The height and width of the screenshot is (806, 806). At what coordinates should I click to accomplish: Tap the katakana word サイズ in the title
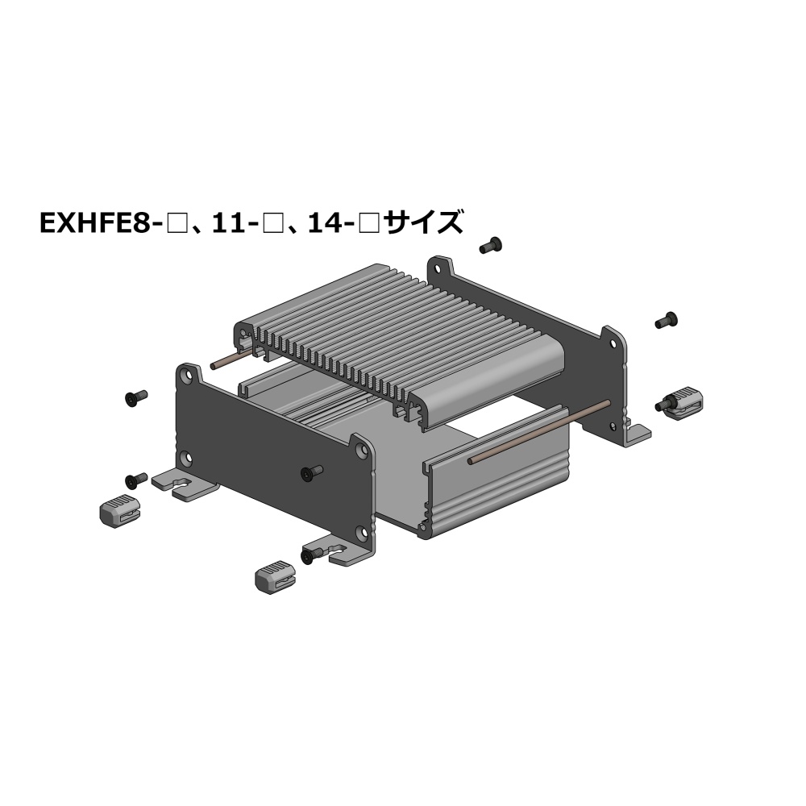tap(424, 222)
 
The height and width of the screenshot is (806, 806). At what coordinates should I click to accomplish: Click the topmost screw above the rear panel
tap(490, 245)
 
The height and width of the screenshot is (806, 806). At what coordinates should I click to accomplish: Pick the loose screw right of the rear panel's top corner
tap(667, 320)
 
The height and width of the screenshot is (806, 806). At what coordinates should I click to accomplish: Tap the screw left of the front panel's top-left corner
tap(136, 397)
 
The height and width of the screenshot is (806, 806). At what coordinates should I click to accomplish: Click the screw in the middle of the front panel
tap(312, 472)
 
